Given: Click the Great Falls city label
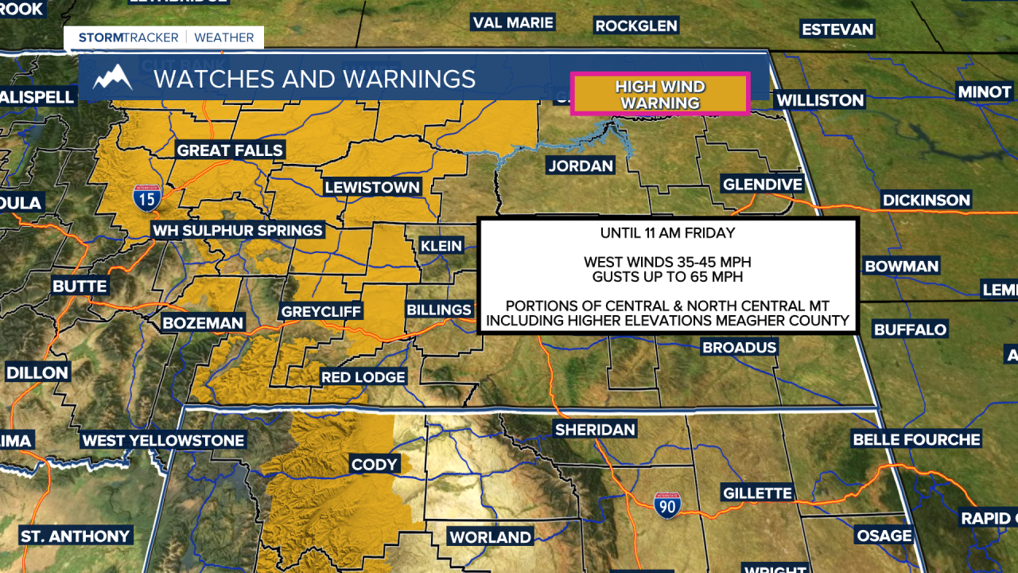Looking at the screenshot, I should click(x=230, y=150).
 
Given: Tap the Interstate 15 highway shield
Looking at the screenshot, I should click(x=147, y=196).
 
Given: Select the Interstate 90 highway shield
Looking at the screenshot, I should click(x=666, y=505).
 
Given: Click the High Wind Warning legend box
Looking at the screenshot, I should click(x=660, y=95).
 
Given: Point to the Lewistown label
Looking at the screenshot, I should click(x=372, y=188).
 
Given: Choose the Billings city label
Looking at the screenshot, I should click(x=439, y=310).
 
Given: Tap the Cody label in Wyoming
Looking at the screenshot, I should click(x=374, y=465).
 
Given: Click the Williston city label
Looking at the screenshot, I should click(x=819, y=100).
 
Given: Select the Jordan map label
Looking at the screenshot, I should click(x=581, y=166).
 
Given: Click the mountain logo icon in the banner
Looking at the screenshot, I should click(x=112, y=78).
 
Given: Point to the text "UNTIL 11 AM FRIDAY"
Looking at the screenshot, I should click(x=668, y=234).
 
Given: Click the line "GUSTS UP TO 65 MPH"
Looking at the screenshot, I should click(x=668, y=277).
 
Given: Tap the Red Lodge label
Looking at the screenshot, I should click(x=363, y=376).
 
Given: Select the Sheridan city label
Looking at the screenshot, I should click(x=595, y=430).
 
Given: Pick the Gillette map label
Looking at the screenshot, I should click(x=757, y=493).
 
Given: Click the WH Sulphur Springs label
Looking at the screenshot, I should click(x=238, y=231).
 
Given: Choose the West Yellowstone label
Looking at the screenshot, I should click(x=164, y=440).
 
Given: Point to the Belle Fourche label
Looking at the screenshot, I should click(x=916, y=439).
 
